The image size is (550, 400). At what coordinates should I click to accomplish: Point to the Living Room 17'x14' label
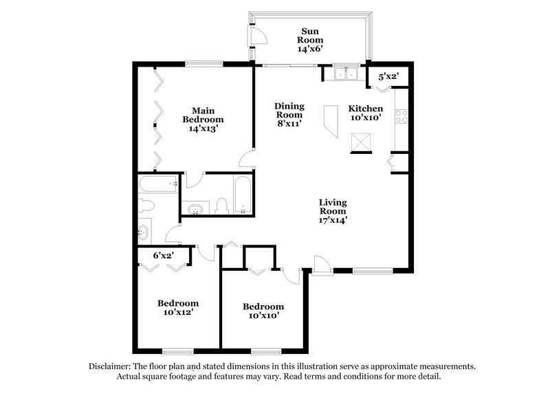coord(332,212)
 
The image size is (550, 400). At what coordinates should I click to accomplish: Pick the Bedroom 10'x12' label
coord(178,307)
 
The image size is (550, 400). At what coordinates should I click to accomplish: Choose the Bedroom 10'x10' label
coord(263,311)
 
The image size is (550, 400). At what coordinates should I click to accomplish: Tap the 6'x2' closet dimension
coord(163,255)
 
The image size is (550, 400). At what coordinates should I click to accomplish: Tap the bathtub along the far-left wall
coord(157,184)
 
